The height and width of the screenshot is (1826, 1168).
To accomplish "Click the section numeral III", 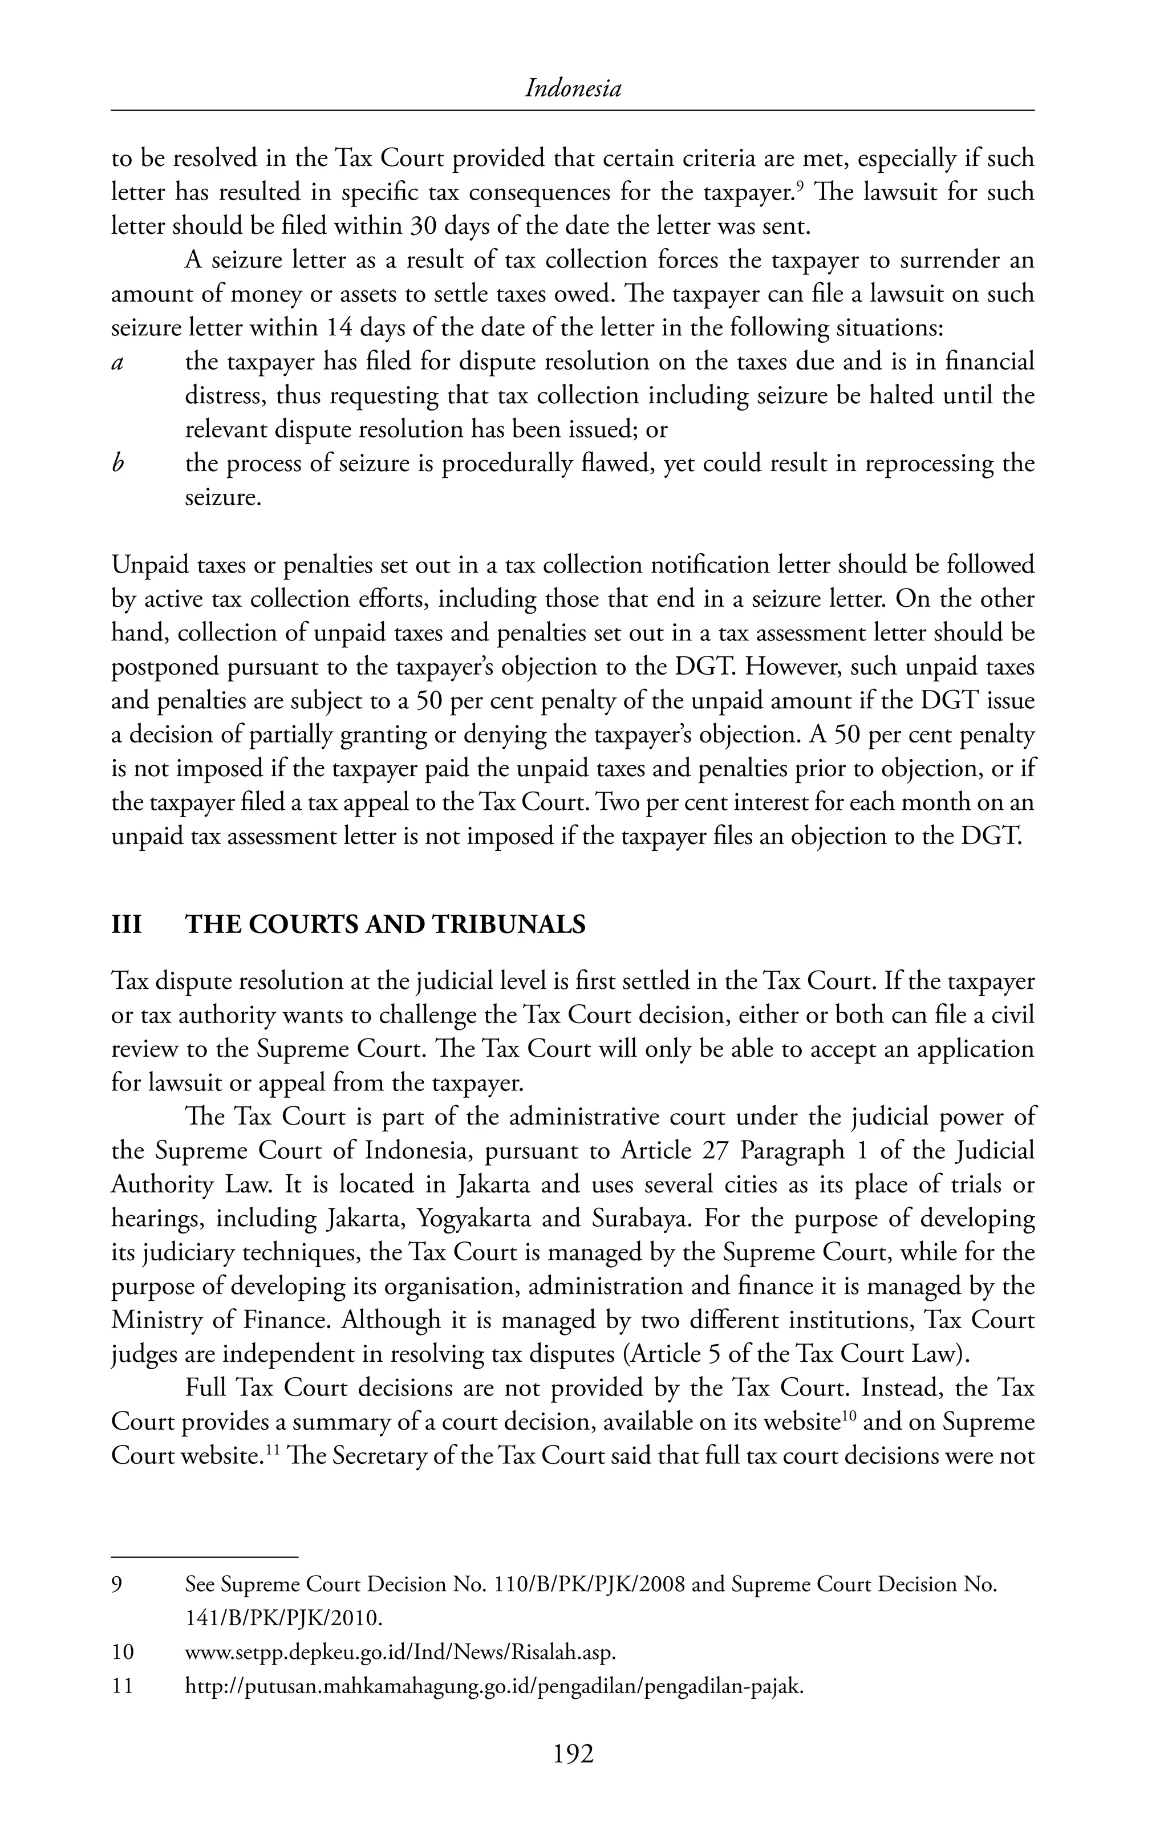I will [x=127, y=925].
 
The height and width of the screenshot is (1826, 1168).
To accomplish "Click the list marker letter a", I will [x=117, y=363].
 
